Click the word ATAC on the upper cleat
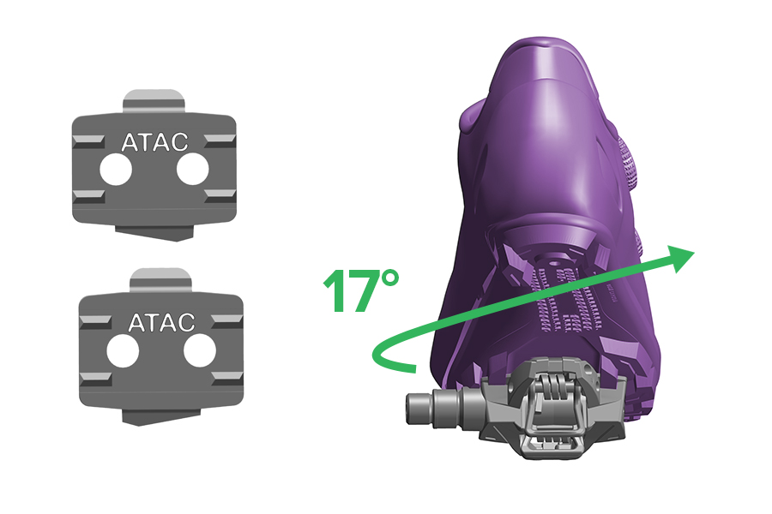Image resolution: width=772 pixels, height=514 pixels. coord(154,142)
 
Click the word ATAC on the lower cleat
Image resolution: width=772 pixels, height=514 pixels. coord(161,323)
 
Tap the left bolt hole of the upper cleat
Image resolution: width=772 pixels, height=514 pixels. coord(116,170)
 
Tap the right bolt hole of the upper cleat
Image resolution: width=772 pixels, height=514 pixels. coord(192,170)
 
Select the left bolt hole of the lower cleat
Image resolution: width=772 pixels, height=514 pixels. coord(123,351)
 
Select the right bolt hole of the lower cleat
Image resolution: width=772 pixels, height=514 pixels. coord(199,351)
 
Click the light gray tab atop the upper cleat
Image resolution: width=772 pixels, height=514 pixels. coord(154,101)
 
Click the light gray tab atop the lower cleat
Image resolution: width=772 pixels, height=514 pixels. coord(160,280)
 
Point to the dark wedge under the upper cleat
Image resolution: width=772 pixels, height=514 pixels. coord(154,232)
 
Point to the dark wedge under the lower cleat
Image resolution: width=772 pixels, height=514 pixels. coord(161,415)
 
